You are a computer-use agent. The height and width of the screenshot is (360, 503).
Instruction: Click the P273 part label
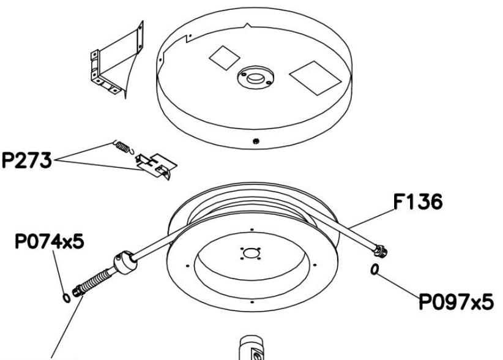pyautogui.click(x=27, y=160)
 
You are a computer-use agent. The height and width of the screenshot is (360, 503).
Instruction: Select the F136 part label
pyautogui.click(x=418, y=202)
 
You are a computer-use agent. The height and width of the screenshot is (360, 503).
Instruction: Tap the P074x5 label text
pyautogui.click(x=50, y=241)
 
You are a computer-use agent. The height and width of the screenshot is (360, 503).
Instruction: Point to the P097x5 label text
pyautogui.click(x=456, y=302)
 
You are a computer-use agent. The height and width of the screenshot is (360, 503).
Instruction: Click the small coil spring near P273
pyautogui.click(x=123, y=148)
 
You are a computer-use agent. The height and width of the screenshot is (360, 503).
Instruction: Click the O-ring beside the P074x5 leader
pyautogui.click(x=66, y=298)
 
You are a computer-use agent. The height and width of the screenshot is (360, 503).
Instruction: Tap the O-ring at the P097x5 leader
pyautogui.click(x=374, y=269)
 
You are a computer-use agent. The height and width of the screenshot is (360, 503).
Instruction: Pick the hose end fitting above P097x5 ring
pyautogui.click(x=380, y=250)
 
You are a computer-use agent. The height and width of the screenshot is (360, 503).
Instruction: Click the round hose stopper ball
pyautogui.click(x=124, y=262)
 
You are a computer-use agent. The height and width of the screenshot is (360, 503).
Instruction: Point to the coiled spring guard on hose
pyautogui.click(x=95, y=281)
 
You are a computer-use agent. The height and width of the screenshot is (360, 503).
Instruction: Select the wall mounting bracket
pyautogui.click(x=116, y=61)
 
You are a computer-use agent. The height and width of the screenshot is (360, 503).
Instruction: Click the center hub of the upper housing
pyautogui.click(x=256, y=78)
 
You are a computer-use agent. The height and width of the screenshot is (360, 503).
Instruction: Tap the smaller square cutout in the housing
pyautogui.click(x=224, y=58)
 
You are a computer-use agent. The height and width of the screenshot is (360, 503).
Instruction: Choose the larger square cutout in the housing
pyautogui.click(x=315, y=78)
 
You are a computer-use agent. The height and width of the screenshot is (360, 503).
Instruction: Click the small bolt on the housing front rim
pyautogui.click(x=256, y=141)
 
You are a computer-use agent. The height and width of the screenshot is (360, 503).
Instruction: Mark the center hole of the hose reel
pyautogui.click(x=251, y=253)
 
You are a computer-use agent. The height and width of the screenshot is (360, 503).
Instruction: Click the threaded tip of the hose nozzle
pyautogui.click(x=78, y=291)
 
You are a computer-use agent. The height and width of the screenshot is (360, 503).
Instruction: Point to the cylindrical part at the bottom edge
pyautogui.click(x=252, y=348)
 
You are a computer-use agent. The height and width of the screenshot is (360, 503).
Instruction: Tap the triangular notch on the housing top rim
pyautogui.click(x=247, y=25)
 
